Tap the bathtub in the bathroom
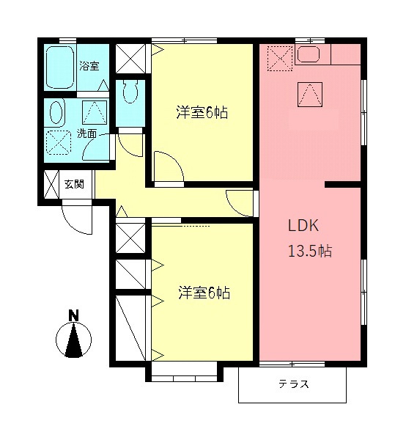59,67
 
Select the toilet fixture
132,92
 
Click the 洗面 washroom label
86,134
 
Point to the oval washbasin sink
57,114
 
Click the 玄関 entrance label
73,183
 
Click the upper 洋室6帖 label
201,113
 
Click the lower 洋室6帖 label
204,293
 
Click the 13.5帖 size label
309,252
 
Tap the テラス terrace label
293,384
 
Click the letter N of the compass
73,316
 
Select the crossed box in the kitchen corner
278,59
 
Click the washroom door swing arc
95,149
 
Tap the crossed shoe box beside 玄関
51,184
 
